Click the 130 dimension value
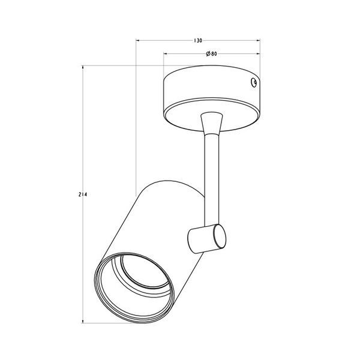[x=197, y=41]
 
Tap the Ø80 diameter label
[x=211, y=54]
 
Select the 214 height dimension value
[x=83, y=194]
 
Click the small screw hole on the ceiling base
[x=254, y=82]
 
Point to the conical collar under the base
[x=211, y=123]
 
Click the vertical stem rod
[x=211, y=179]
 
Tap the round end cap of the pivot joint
[x=220, y=236]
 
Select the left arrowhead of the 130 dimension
[x=138, y=41]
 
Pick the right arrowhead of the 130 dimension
[x=258, y=41]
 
